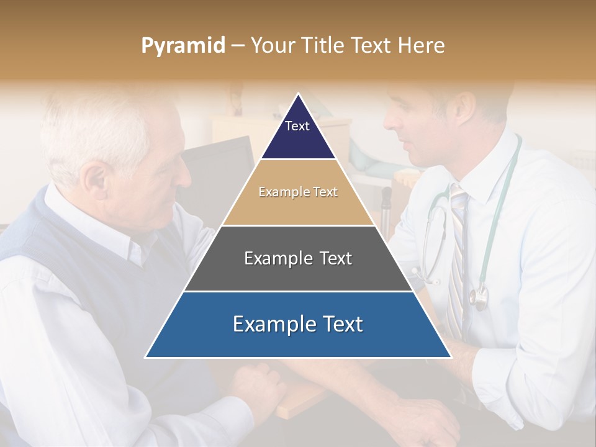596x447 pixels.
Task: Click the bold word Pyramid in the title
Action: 183,46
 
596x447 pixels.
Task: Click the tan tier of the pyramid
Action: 298,192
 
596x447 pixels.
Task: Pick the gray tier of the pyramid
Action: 298,258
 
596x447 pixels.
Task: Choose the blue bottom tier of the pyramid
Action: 298,325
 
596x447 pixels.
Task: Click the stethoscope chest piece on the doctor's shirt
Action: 478,298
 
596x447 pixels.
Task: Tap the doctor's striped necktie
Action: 458,261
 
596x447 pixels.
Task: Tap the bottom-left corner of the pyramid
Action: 146,357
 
